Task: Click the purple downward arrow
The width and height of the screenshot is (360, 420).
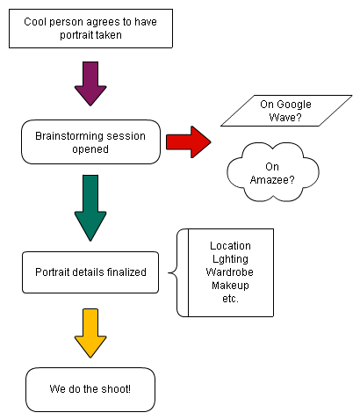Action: point(90,83)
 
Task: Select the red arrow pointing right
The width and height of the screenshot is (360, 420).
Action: point(189,142)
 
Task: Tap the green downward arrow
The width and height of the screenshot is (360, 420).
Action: point(90,208)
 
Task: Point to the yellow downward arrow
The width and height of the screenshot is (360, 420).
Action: point(90,333)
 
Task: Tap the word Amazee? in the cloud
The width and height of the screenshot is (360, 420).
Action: point(272,179)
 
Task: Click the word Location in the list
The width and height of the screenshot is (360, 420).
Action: point(230,246)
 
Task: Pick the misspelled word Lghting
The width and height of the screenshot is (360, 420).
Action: point(230,259)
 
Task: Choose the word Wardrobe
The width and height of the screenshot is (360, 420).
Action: point(230,272)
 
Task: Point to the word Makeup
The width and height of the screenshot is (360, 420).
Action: point(230,286)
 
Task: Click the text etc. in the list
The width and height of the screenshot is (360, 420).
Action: point(230,299)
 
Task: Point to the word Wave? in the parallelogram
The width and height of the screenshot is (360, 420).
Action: point(285,118)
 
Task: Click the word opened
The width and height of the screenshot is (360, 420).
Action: point(90,149)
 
